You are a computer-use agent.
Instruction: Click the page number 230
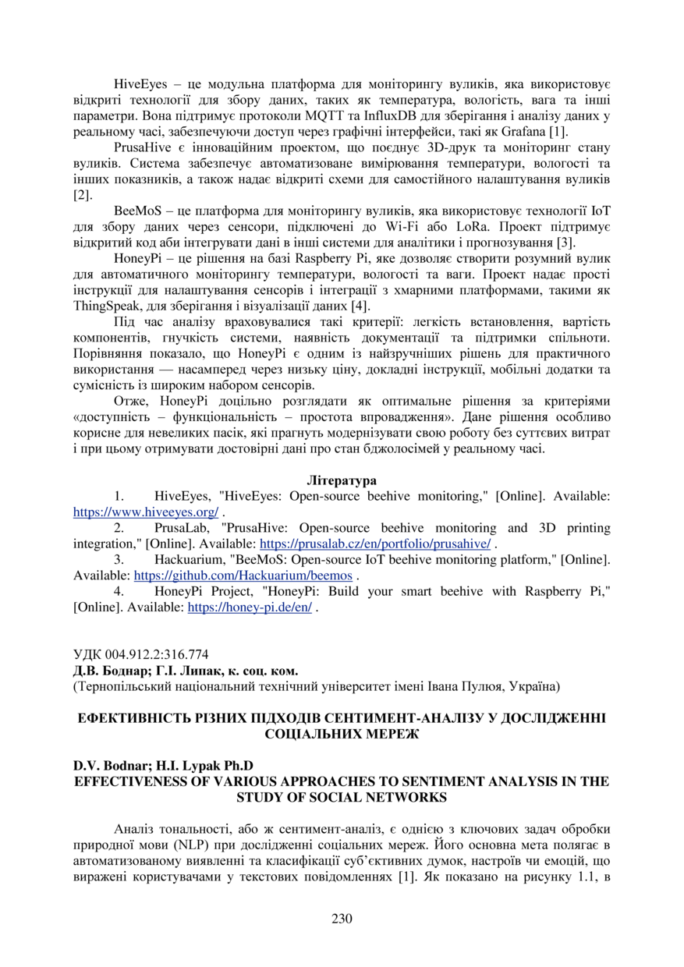[x=342, y=918]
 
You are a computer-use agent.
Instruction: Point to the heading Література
[x=342, y=480]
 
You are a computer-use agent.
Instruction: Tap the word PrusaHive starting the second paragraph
[x=141, y=147]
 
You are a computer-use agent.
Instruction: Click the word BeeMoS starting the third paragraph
[x=136, y=211]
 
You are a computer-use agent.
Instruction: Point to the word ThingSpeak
[x=105, y=306]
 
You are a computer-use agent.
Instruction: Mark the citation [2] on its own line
[x=82, y=195]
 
